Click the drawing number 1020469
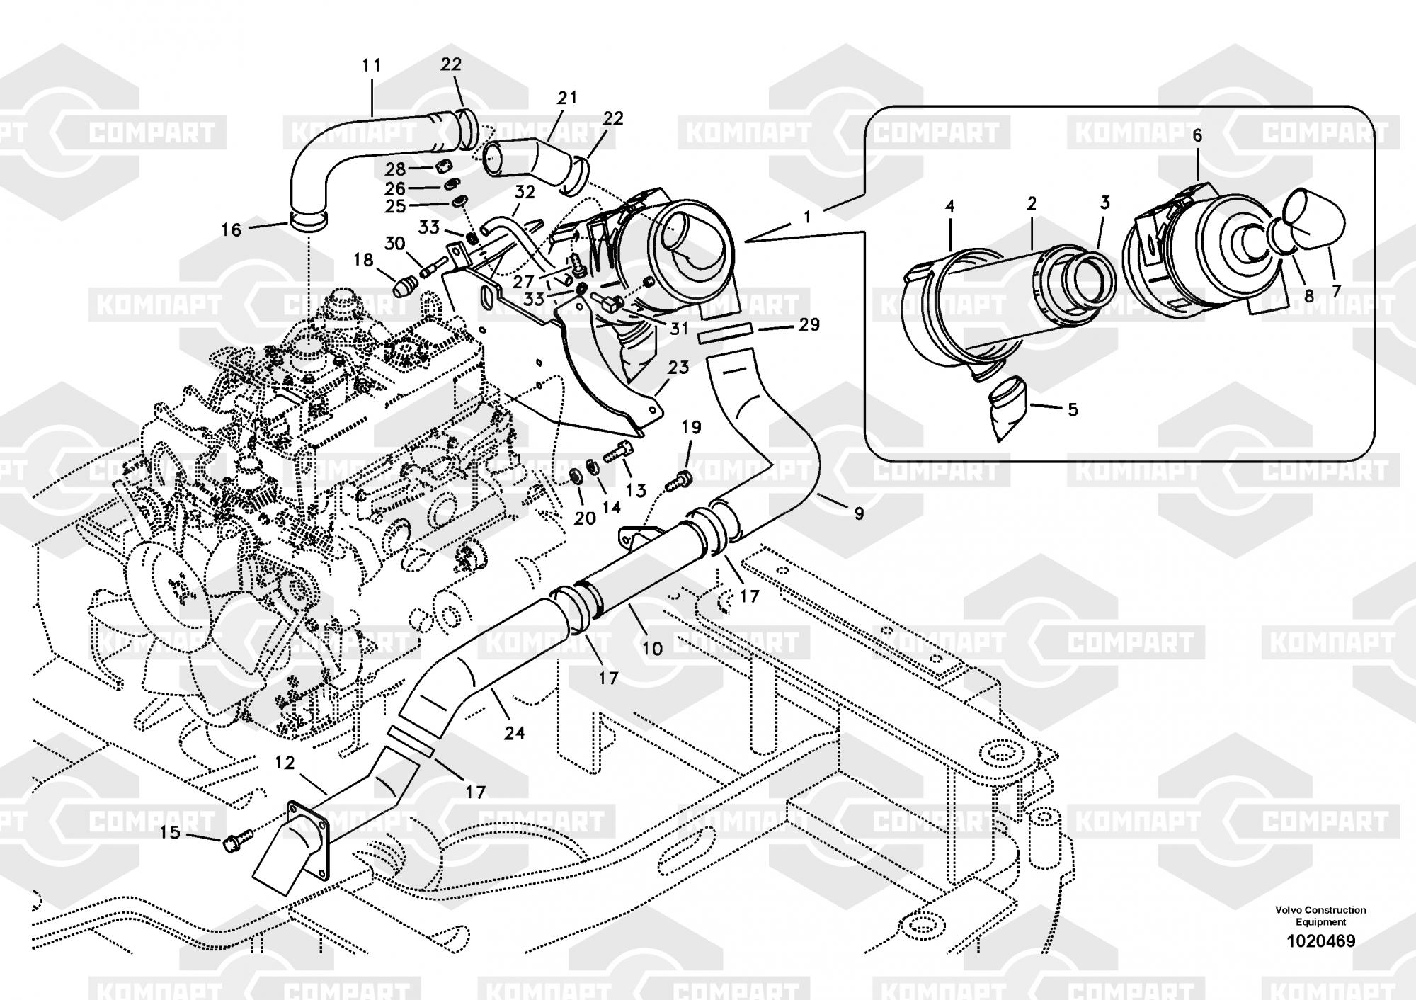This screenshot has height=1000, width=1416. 1320,941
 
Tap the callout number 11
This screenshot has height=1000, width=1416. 371,66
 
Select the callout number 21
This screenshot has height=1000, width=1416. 567,98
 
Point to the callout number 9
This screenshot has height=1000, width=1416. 859,513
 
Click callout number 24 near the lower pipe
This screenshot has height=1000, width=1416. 514,732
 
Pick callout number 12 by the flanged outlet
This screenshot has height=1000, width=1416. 285,763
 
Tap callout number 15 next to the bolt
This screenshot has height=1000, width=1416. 170,832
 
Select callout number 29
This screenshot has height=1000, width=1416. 809,324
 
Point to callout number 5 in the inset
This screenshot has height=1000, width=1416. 1073,409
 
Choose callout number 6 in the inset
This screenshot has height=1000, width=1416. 1197,135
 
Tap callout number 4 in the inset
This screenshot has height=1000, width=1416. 950,206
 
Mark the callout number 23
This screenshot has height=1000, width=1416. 678,368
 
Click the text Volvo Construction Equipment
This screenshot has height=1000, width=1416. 1320,916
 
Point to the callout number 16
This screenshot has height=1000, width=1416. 232,229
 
